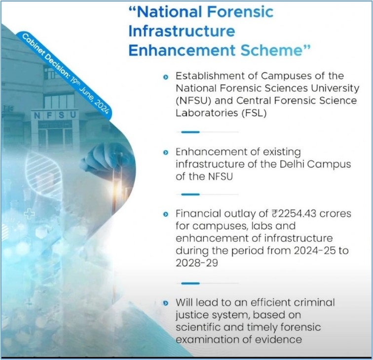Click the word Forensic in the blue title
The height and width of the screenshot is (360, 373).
tap(240, 12)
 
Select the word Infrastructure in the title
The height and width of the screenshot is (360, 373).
tap(182, 31)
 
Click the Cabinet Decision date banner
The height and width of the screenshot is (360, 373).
tap(65, 74)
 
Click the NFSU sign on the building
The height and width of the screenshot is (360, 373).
tap(55, 115)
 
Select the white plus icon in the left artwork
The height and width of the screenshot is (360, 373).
tap(29, 213)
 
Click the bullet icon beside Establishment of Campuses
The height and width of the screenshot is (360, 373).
tap(166, 77)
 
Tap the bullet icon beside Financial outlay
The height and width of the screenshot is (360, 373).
tap(166, 214)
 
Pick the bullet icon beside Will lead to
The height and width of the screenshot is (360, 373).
tap(166, 303)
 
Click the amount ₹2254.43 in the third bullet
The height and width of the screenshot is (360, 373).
tap(294, 213)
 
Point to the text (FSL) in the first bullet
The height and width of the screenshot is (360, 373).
tap(254, 113)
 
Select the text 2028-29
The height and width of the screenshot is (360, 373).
tap(197, 263)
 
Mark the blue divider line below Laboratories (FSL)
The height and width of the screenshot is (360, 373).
tap(190, 132)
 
